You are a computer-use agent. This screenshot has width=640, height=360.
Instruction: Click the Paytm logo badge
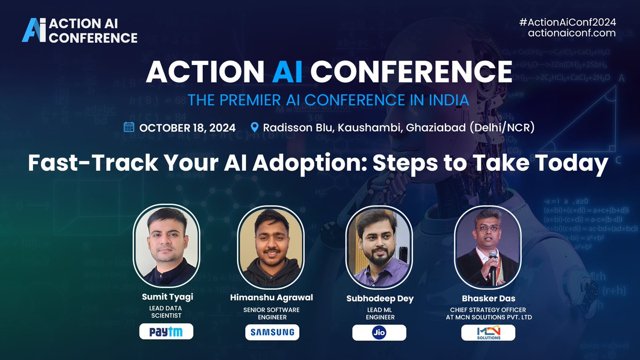click(166, 332)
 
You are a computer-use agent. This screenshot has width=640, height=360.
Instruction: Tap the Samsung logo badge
click(272, 332)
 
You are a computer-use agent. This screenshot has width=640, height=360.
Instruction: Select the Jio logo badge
click(379, 332)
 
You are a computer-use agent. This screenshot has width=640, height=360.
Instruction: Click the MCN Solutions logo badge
click(488, 332)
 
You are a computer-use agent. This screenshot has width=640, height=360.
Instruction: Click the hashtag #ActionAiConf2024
click(567, 22)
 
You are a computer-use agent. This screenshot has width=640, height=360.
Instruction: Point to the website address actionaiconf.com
click(572, 33)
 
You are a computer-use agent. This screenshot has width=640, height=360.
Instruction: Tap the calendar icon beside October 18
click(129, 127)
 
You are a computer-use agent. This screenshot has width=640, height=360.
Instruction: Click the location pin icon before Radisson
click(254, 127)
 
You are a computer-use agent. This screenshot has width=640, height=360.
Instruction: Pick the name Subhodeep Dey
click(379, 299)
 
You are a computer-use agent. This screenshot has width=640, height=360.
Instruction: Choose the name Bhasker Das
click(488, 298)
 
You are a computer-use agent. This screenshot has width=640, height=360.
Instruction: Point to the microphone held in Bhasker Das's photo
click(493, 259)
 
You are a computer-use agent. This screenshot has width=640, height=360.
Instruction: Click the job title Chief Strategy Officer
click(488, 309)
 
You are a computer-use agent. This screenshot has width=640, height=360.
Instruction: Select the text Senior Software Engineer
click(272, 313)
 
